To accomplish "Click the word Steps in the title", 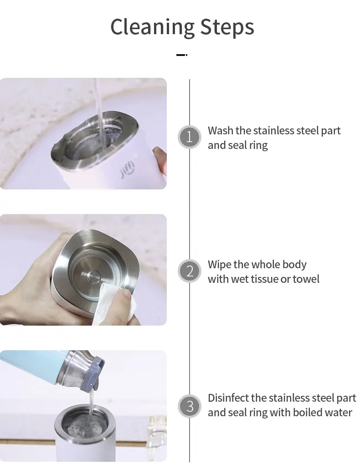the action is [227, 27].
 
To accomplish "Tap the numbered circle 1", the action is [190, 137].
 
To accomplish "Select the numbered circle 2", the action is [190, 271].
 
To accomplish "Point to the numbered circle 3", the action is [190, 406].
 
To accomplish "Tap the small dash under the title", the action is [181, 55].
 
